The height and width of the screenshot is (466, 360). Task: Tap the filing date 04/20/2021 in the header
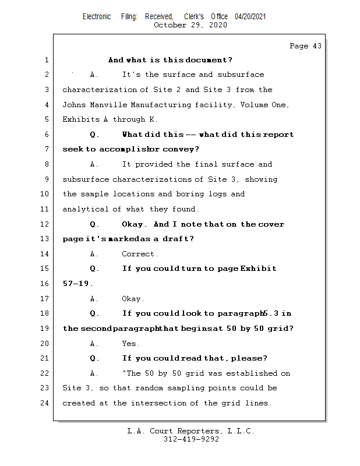click(x=250, y=17)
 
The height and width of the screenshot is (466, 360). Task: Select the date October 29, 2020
click(x=190, y=25)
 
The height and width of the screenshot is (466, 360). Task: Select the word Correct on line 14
click(x=139, y=254)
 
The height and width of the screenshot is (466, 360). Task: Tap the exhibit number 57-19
click(x=76, y=284)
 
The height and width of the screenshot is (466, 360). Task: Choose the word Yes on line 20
click(x=130, y=344)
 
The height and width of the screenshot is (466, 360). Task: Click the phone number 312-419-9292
click(x=191, y=439)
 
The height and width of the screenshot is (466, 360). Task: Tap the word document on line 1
click(x=206, y=60)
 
